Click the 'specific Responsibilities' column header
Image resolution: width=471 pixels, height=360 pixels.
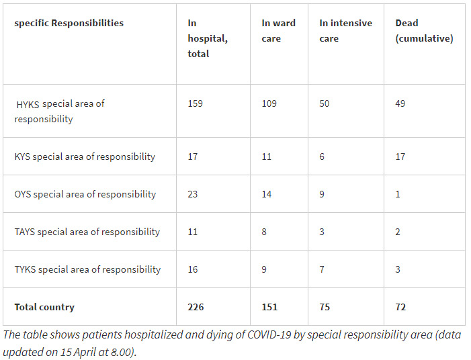point(69,23)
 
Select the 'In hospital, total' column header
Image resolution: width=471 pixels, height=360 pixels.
point(208,38)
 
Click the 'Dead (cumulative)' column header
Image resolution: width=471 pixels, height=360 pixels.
point(424,31)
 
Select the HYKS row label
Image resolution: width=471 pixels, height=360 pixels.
point(60,111)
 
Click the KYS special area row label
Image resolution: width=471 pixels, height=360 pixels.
point(85,156)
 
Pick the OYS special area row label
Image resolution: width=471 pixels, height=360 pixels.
point(85,194)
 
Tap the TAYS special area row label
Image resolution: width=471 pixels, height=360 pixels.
point(87,232)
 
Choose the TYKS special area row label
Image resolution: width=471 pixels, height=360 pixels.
point(87,269)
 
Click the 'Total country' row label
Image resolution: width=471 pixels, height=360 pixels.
point(44,307)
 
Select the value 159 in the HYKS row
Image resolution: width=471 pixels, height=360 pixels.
point(195,104)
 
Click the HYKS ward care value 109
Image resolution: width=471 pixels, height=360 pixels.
point(269,104)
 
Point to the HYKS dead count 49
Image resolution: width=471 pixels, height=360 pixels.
point(400,104)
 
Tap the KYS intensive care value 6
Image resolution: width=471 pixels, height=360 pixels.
point(322,156)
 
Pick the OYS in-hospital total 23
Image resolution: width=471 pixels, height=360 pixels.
point(194,194)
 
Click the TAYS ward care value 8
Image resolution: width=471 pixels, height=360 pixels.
point(265,232)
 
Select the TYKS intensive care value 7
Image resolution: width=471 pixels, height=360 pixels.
point(322,269)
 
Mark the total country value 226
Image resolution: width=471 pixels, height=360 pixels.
point(196,307)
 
